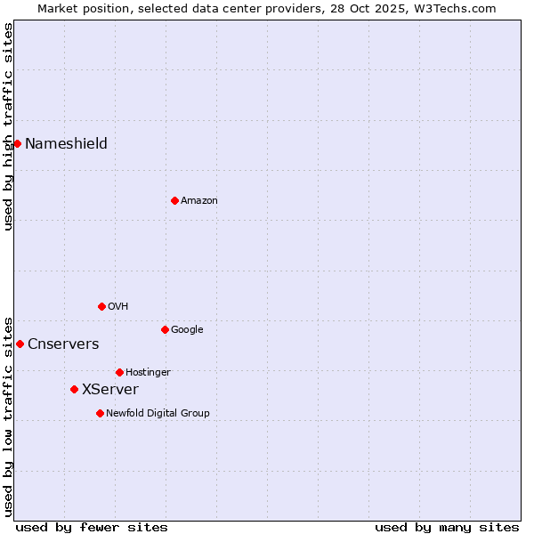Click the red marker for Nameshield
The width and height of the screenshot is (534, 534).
point(17,143)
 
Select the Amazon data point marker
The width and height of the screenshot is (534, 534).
point(174,200)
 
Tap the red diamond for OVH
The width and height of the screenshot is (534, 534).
point(101,306)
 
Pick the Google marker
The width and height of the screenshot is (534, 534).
point(165,329)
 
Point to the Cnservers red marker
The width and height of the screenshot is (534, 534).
point(20,344)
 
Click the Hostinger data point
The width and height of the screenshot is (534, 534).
point(119,372)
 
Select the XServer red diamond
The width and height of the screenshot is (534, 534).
point(74,389)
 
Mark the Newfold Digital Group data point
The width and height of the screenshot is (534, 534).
point(100,413)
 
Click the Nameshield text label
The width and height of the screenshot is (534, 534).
point(66,144)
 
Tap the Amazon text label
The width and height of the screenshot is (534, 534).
point(199,201)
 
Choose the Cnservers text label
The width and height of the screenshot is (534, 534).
point(63,344)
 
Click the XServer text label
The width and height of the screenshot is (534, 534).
point(110,390)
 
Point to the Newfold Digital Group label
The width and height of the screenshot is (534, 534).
point(158,413)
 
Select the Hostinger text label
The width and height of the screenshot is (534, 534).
point(148,372)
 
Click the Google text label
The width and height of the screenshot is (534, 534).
point(187,330)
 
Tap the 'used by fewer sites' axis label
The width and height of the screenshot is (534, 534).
point(92,527)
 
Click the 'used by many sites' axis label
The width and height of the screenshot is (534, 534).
point(447,527)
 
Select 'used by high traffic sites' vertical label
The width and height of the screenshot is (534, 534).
point(8,126)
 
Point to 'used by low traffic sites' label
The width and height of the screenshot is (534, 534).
point(8,415)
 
